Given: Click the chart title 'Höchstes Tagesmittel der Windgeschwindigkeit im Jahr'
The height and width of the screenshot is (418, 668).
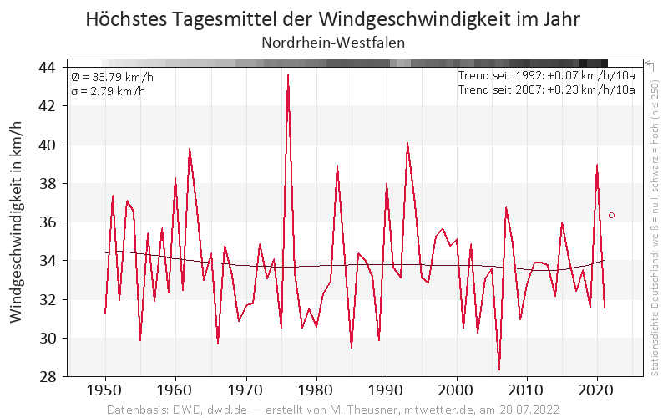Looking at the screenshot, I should (333, 19).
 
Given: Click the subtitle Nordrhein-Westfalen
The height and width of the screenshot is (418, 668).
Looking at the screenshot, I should (333, 43).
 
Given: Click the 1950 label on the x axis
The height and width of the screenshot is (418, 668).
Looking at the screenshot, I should (105, 390).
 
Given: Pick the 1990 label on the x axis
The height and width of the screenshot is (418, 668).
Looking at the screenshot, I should (386, 390).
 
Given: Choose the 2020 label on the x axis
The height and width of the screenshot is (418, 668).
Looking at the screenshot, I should (597, 390).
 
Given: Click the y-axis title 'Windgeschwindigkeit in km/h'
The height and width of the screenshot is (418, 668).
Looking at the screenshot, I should (18, 222).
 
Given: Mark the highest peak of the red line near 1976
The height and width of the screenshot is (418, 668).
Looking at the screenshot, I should (288, 74).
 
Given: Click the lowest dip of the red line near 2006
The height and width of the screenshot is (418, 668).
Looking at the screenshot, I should (499, 369).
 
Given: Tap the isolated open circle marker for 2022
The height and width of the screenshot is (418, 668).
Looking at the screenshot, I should (611, 215).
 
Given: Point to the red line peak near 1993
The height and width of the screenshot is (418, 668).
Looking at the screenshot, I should (407, 143).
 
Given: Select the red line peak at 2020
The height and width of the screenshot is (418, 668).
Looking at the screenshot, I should (597, 165).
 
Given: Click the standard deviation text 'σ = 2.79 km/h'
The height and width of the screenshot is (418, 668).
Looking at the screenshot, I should (109, 90).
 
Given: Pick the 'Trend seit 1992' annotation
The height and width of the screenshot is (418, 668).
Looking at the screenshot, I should (547, 76).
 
